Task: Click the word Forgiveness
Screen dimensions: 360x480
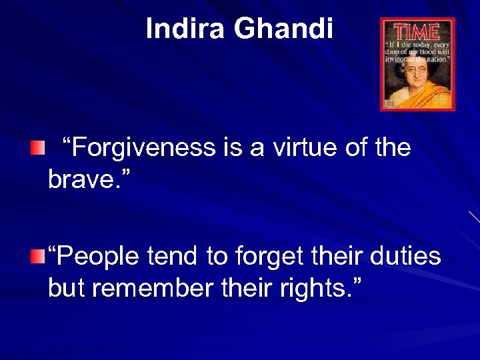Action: [x=144, y=148]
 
